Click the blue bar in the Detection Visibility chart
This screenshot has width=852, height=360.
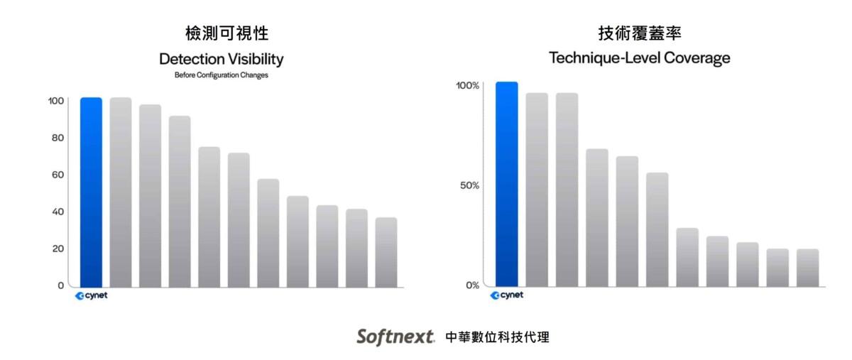[x=91, y=192]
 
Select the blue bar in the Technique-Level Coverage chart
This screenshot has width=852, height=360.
[x=507, y=184]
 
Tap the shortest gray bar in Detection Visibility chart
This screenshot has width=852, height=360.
[x=386, y=252]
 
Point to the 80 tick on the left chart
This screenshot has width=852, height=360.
[x=58, y=138]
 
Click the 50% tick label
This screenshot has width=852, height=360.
[x=469, y=185]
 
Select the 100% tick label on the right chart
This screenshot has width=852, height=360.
[x=467, y=86]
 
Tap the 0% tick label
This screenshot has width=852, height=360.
[x=472, y=285]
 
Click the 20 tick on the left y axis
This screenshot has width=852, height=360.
[x=58, y=249]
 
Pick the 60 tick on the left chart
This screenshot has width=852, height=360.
[x=58, y=175]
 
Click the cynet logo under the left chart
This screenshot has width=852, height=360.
[x=92, y=295]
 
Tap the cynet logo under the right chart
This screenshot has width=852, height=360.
[x=507, y=295]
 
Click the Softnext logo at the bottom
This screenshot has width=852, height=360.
[x=395, y=337]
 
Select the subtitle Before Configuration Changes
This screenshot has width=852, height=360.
[x=222, y=75]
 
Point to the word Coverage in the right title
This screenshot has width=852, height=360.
[x=697, y=58]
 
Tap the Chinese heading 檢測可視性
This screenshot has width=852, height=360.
[x=227, y=33]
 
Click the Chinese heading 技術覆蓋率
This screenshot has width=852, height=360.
[x=640, y=33]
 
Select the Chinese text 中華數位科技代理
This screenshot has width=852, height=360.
[x=498, y=337]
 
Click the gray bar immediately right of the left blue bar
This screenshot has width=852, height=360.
[x=121, y=192]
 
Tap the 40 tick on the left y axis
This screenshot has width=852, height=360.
[x=58, y=212]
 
